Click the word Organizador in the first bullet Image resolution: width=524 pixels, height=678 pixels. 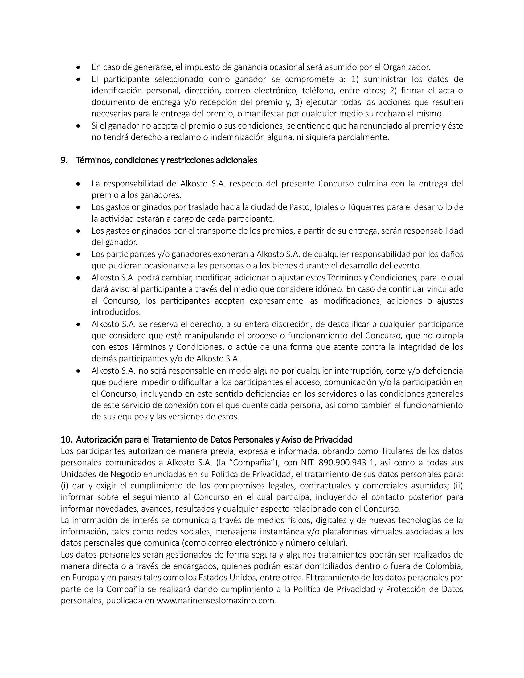pos(406,67)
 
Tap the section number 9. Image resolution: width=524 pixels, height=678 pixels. pos(64,161)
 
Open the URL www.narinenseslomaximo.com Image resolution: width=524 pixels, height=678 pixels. pos(215,601)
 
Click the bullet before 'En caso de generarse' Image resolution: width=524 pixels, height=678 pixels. pos(80,67)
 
